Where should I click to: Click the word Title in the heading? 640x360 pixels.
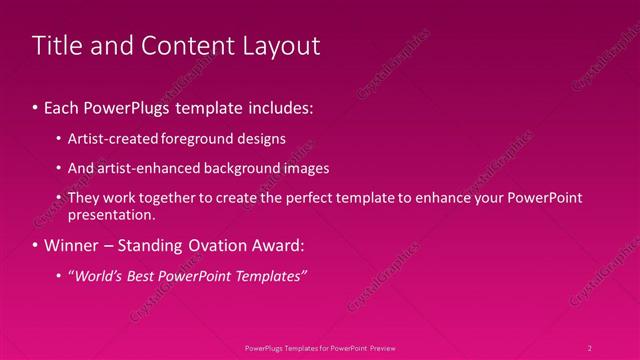click(x=59, y=46)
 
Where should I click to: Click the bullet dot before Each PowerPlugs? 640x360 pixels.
click(x=36, y=106)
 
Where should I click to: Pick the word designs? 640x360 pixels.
click(x=258, y=139)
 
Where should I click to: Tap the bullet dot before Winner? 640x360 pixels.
click(x=36, y=245)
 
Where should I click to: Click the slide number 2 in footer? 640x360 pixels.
click(x=590, y=348)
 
